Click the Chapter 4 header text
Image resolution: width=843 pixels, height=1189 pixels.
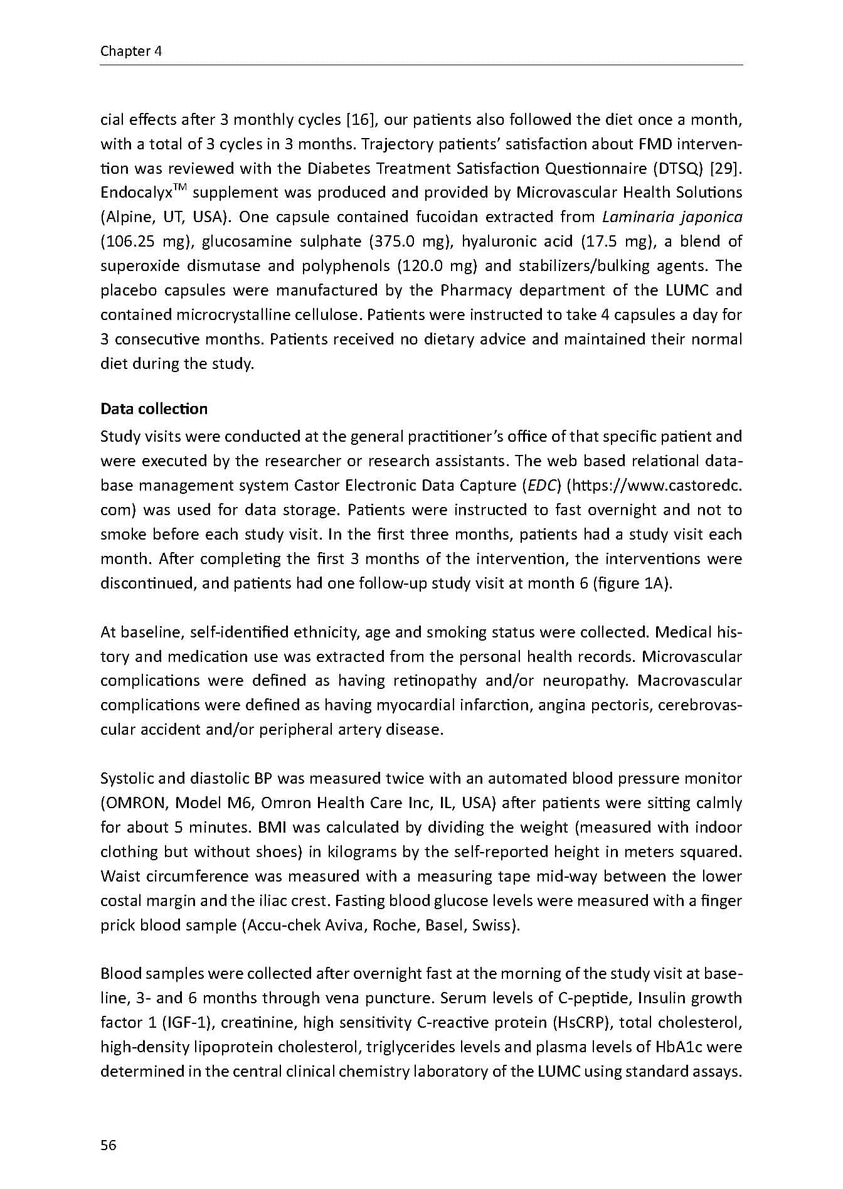(131, 51)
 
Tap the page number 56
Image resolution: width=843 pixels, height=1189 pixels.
(109, 1144)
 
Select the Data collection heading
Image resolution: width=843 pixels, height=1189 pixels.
(154, 409)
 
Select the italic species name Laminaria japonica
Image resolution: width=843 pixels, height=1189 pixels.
(672, 217)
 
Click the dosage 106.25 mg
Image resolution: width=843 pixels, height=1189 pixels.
(139, 242)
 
